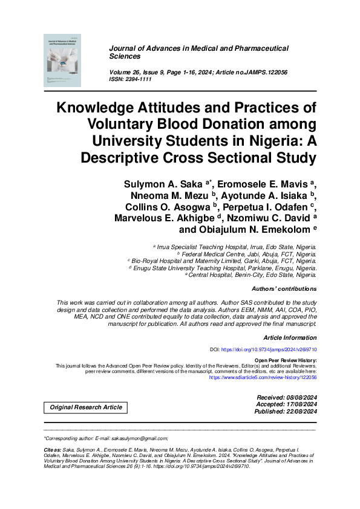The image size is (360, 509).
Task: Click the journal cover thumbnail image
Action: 64,59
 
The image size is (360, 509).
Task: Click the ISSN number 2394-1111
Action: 136,79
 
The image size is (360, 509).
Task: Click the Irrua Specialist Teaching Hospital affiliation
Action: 236,248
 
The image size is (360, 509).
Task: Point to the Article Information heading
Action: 290,337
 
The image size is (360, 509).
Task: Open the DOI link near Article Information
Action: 269,349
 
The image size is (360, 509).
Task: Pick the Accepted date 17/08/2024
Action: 300,404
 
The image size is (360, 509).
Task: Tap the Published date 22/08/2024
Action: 299,411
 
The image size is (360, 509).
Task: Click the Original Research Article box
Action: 86,407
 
